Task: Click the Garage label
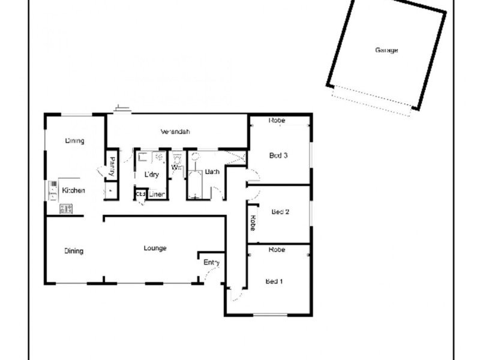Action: [x=386, y=50]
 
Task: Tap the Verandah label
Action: [x=175, y=131]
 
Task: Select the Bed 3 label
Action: [x=278, y=155]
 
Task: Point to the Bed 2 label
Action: [x=280, y=211]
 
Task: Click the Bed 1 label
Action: [x=275, y=281]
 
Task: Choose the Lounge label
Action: [x=155, y=248]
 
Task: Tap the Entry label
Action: [x=212, y=262]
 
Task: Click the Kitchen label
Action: [x=73, y=190]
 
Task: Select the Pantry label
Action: [x=112, y=166]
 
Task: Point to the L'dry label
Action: [x=151, y=175]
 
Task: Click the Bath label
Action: [x=212, y=172]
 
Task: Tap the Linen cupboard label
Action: [x=157, y=194]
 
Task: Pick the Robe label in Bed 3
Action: [x=277, y=121]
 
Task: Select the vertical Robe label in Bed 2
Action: [x=253, y=223]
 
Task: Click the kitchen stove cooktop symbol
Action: [x=65, y=208]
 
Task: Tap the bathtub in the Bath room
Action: [x=194, y=184]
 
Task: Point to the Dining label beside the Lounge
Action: [x=74, y=251]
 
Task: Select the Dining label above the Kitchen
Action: [x=74, y=141]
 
